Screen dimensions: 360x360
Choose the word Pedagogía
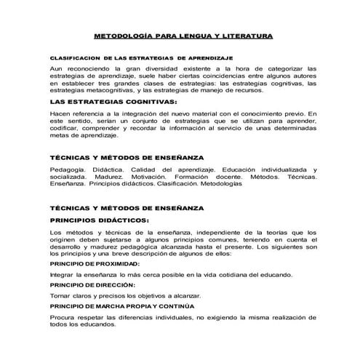[67, 169]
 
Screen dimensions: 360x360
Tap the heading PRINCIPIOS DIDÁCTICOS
[98, 219]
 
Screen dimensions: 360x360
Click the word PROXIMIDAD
[124, 265]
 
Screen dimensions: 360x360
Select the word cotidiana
[229, 276]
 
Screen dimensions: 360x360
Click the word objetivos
[149, 296]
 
